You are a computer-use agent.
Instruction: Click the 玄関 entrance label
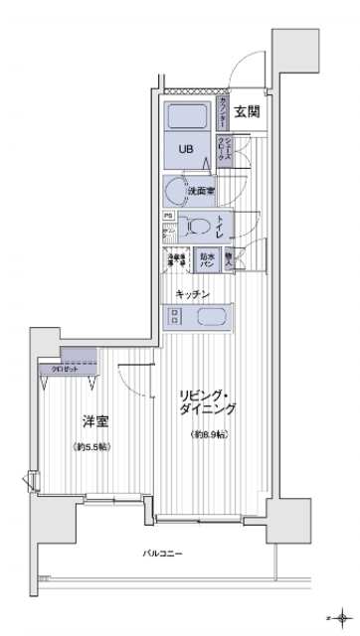[248, 111]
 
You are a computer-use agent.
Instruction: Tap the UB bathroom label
[186, 149]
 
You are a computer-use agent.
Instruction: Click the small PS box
[168, 215]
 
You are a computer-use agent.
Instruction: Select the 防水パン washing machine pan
[207, 262]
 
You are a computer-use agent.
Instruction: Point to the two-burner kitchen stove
[175, 318]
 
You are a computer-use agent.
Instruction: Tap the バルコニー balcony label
[163, 553]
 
